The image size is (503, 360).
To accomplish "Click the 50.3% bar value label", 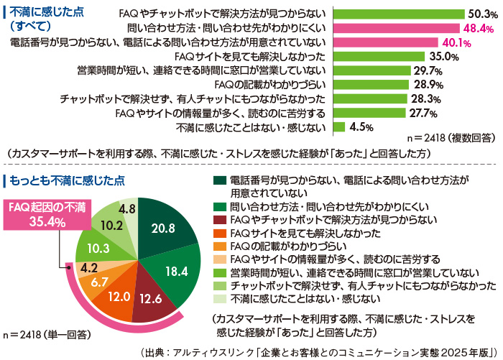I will tap(479, 14).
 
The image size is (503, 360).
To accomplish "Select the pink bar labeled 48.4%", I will tap(396, 28).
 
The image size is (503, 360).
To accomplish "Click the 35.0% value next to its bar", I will tap(443, 57).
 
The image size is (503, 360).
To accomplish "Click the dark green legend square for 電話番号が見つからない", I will tap(218, 180).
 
